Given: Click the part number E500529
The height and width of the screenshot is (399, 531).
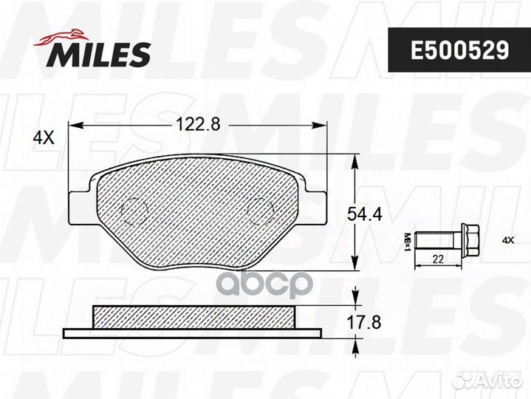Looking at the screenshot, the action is pyautogui.click(x=459, y=50).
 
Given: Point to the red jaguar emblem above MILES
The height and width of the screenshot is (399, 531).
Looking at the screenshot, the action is pyautogui.click(x=62, y=36).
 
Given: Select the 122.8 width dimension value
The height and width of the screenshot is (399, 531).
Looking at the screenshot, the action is pyautogui.click(x=198, y=124).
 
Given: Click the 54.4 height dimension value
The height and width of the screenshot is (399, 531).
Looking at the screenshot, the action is pyautogui.click(x=365, y=214).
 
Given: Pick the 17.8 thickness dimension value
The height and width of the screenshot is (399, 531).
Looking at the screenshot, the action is pyautogui.click(x=364, y=322).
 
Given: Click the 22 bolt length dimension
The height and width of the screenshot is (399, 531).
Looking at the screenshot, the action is pyautogui.click(x=438, y=259).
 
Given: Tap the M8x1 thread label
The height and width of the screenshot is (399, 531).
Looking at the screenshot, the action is pyautogui.click(x=408, y=242).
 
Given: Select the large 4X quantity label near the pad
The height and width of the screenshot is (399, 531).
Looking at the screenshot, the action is pyautogui.click(x=44, y=138).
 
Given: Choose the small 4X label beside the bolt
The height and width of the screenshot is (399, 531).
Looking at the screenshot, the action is pyautogui.click(x=508, y=240).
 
